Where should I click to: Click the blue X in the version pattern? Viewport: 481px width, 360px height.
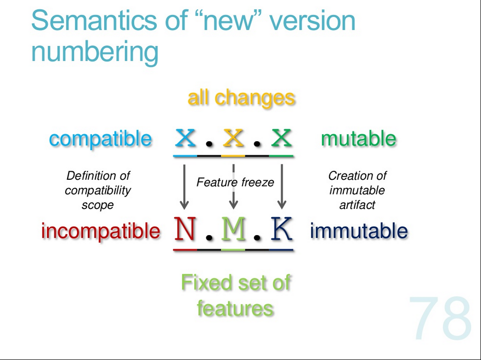185,138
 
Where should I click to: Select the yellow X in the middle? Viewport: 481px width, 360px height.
233,138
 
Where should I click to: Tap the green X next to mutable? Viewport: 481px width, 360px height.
281,138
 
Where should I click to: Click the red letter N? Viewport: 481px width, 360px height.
185,229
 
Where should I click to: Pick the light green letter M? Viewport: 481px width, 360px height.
233,229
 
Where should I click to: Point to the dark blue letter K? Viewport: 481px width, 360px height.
281,229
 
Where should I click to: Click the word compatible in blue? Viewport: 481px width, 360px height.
100,139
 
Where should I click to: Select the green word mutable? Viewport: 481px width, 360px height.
358,139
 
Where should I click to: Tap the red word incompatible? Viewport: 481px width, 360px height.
101,231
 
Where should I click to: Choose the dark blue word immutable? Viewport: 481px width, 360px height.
359,231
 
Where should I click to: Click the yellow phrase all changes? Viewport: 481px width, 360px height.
241,98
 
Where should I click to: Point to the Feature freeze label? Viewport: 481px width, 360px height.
235,182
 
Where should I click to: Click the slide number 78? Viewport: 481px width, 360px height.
441,318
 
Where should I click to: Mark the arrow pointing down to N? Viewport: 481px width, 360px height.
184,187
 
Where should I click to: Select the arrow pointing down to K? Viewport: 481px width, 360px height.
282,187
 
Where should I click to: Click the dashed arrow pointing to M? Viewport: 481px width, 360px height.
233,187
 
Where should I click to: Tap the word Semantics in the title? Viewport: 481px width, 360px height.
94,21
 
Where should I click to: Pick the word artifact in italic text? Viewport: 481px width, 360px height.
357,205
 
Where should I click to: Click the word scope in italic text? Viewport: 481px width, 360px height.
98,205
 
